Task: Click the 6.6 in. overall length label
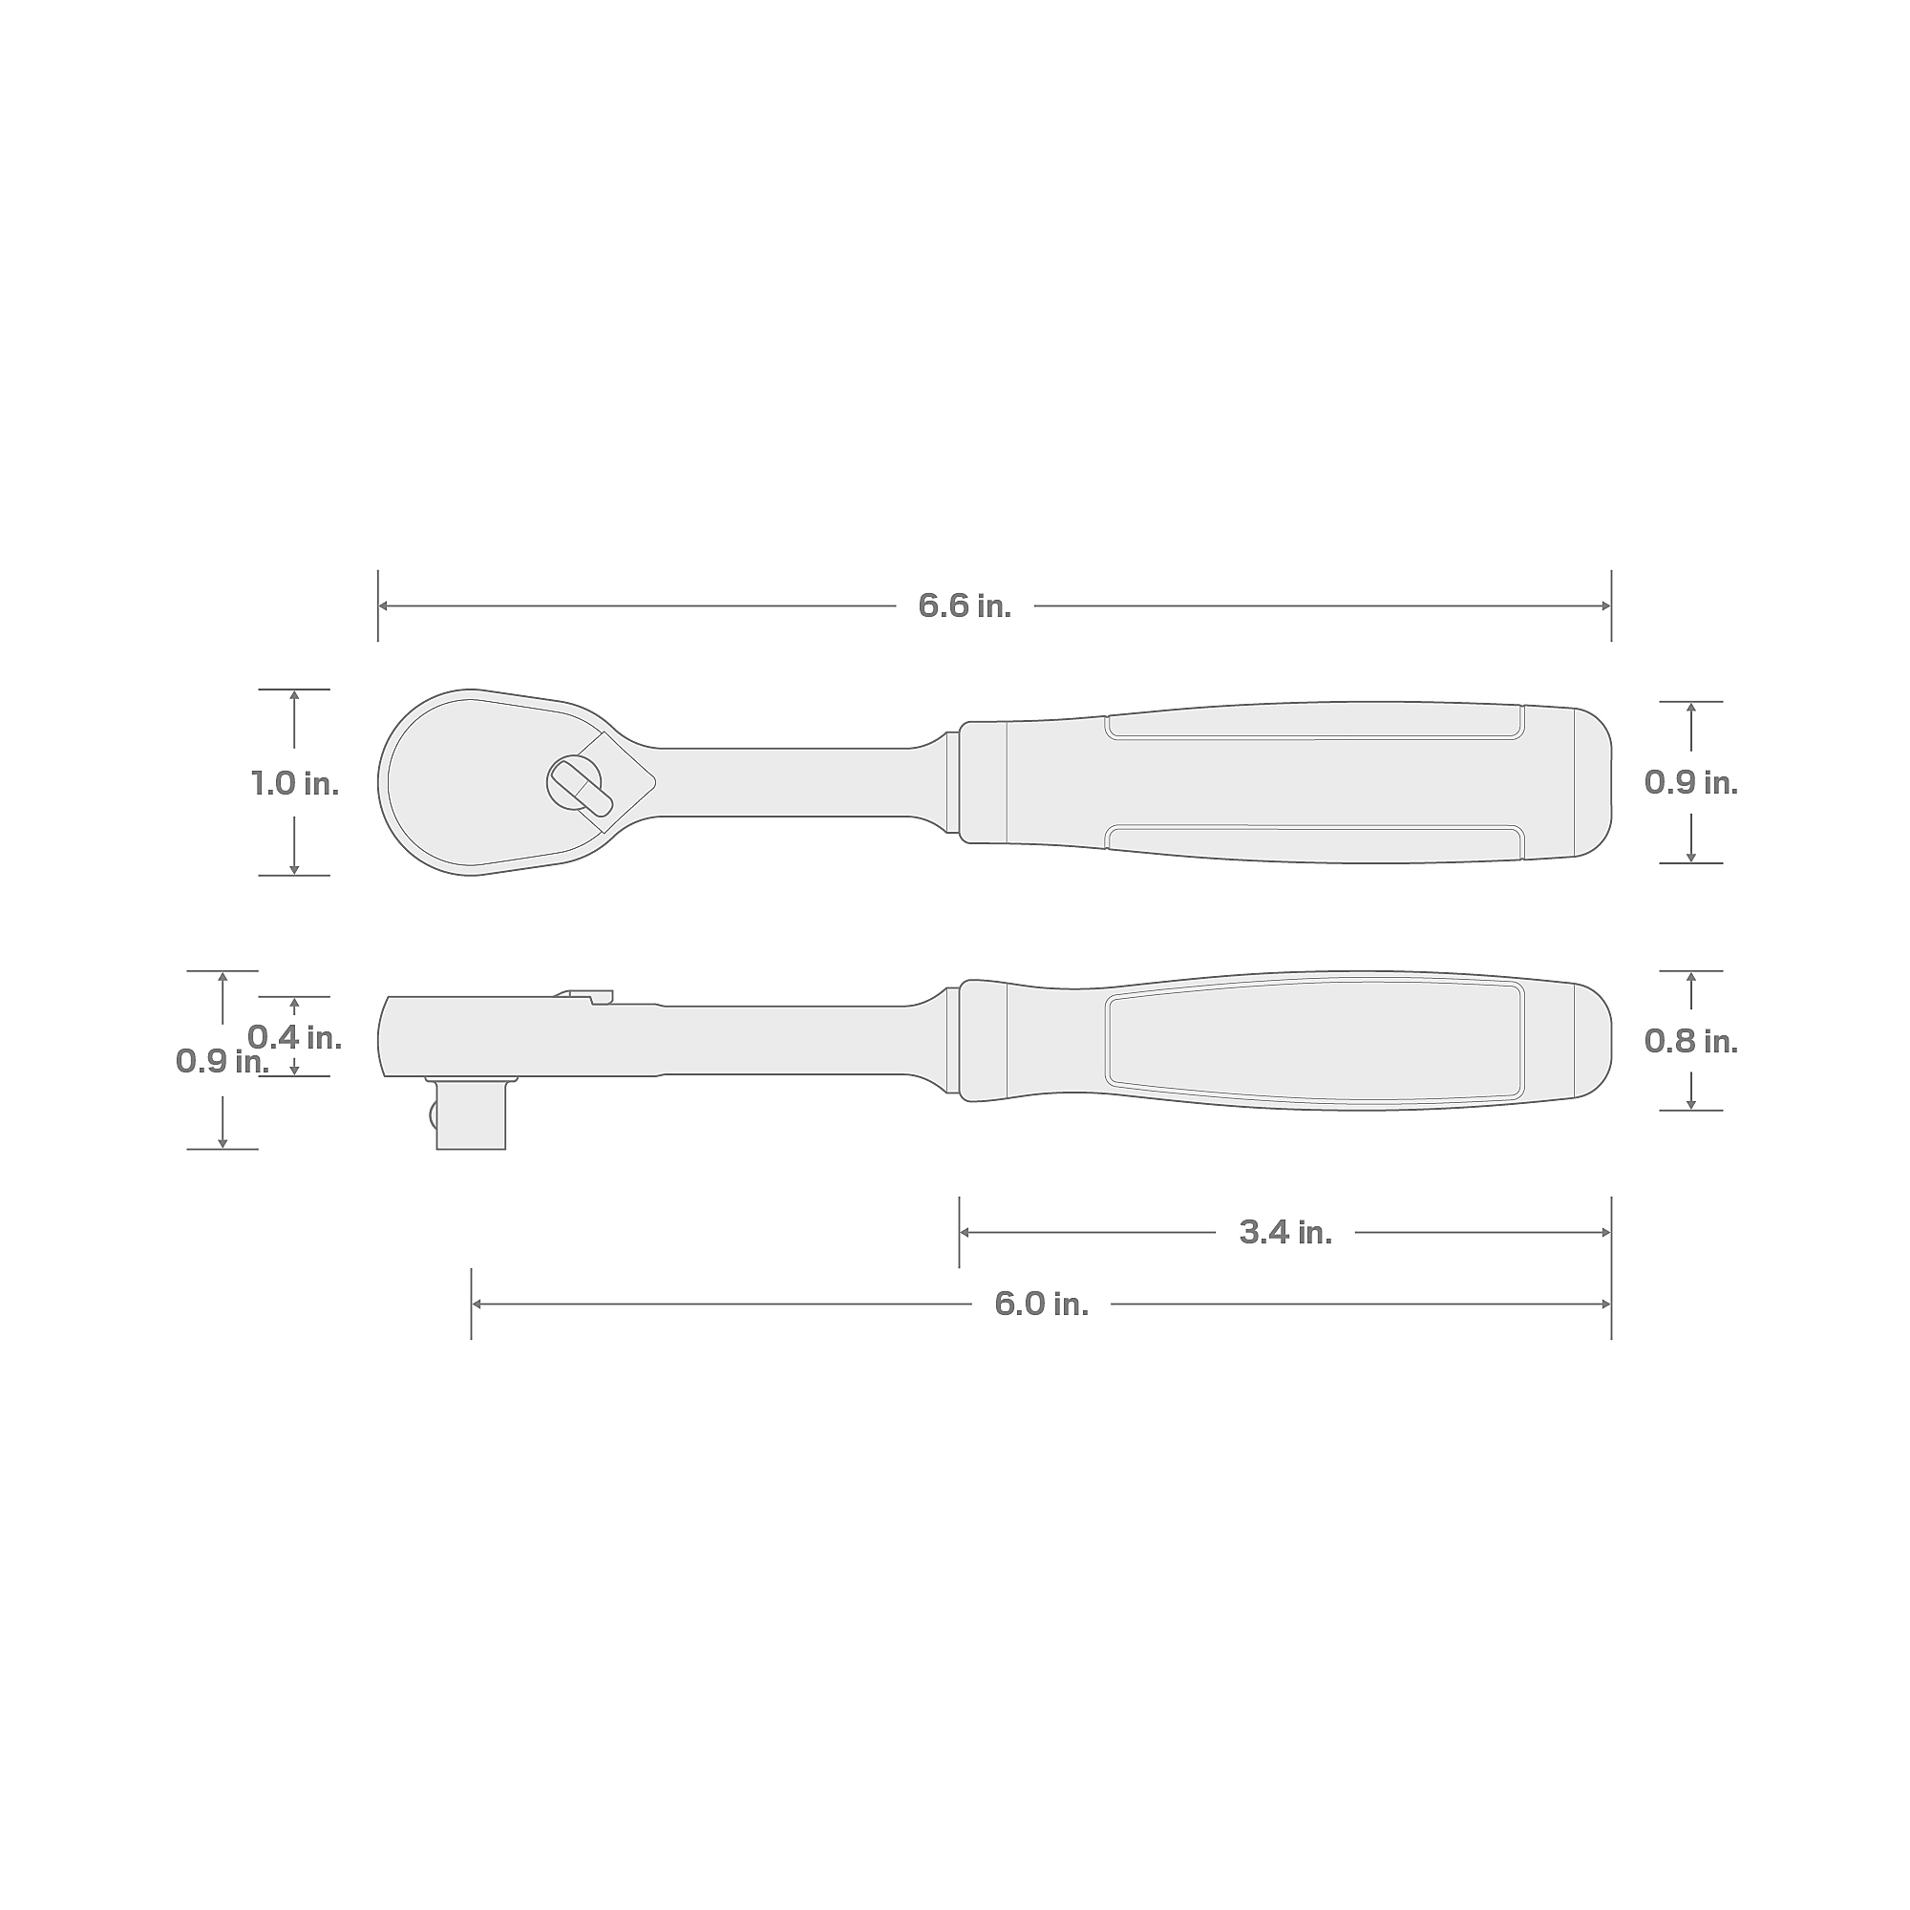(x=964, y=606)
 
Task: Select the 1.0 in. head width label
(x=294, y=784)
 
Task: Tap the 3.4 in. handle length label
(x=1285, y=1232)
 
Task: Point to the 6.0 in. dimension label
(x=1041, y=1304)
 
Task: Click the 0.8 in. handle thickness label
(x=1690, y=1041)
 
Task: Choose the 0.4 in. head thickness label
(x=294, y=1037)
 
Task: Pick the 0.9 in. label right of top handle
(x=1690, y=783)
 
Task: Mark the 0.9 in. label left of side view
(x=223, y=1061)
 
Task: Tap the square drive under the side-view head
(x=472, y=1114)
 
